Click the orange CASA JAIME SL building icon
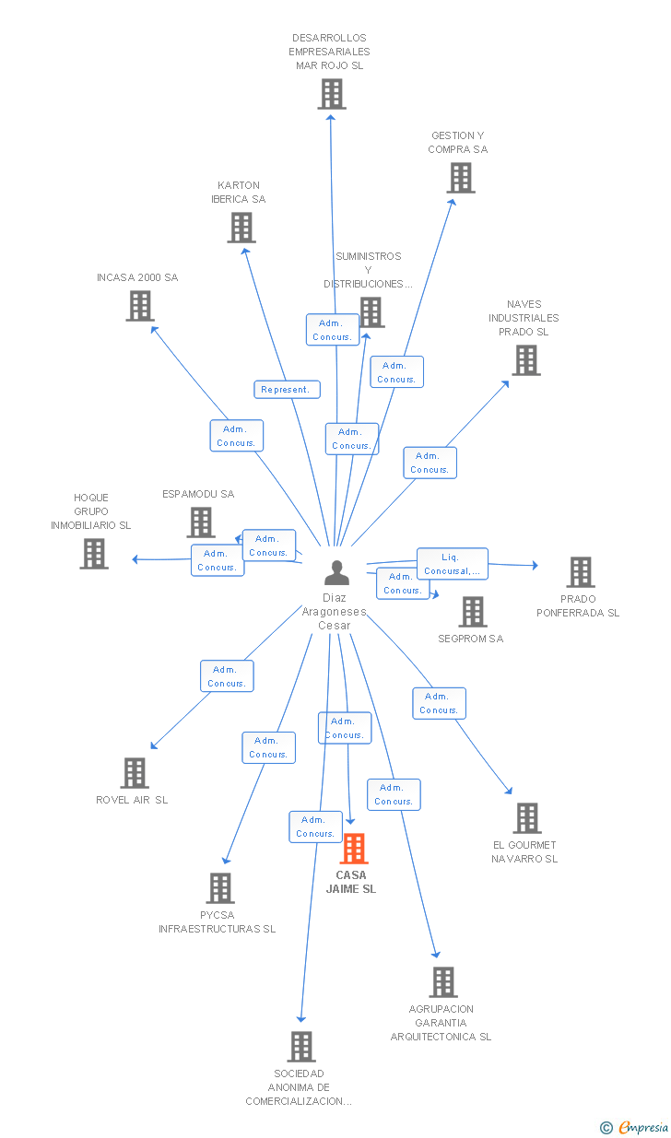[354, 849]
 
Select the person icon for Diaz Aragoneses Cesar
[337, 573]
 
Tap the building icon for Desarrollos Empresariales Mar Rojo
[332, 94]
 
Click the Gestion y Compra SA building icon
[461, 178]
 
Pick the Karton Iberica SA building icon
[241, 228]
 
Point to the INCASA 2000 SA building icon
[140, 306]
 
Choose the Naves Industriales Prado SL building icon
[526, 360]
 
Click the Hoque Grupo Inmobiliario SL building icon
[94, 554]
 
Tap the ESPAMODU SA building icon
[201, 522]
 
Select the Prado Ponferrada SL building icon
[581, 572]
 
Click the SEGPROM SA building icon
[473, 611]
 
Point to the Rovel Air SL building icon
[135, 773]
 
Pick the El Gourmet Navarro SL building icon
[527, 818]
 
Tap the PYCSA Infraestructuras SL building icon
[220, 888]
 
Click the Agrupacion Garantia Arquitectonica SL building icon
[443, 982]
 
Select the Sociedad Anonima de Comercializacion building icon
[301, 1047]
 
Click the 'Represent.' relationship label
[287, 390]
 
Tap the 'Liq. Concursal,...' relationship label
[452, 564]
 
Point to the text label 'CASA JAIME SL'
[351, 882]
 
